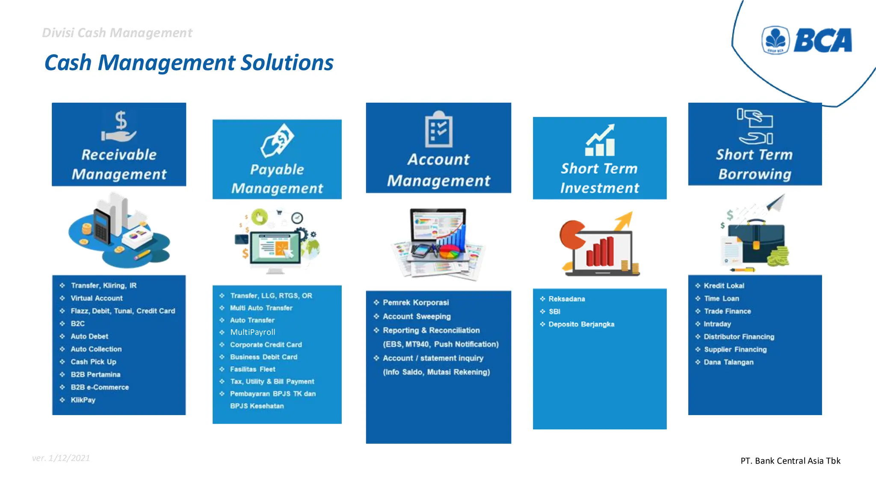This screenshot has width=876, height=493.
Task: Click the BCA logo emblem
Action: click(x=775, y=40)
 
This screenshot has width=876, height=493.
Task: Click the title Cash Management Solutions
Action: click(x=189, y=62)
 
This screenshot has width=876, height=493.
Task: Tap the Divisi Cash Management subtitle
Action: click(x=117, y=33)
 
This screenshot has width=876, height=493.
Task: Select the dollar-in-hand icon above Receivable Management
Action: click(x=119, y=126)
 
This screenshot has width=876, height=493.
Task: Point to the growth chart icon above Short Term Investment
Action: click(x=600, y=140)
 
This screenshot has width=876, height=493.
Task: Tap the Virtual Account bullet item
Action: click(x=97, y=298)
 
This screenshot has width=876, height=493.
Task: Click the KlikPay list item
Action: click(x=83, y=400)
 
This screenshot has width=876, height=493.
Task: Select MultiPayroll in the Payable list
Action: click(x=252, y=332)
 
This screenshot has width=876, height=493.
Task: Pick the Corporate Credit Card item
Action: click(x=266, y=345)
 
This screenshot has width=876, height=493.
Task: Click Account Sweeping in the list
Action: click(x=417, y=317)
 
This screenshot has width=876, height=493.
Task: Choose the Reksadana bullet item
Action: click(x=567, y=299)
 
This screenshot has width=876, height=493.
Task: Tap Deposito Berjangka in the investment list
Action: click(x=581, y=324)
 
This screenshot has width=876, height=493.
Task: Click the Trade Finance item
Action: click(x=727, y=311)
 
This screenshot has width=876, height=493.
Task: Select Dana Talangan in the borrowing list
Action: click(x=728, y=362)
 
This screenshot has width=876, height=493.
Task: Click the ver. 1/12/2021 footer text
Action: click(x=61, y=458)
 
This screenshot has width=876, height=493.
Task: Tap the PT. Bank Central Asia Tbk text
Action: click(x=790, y=461)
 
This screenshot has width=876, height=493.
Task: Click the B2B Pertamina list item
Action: click(x=95, y=374)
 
